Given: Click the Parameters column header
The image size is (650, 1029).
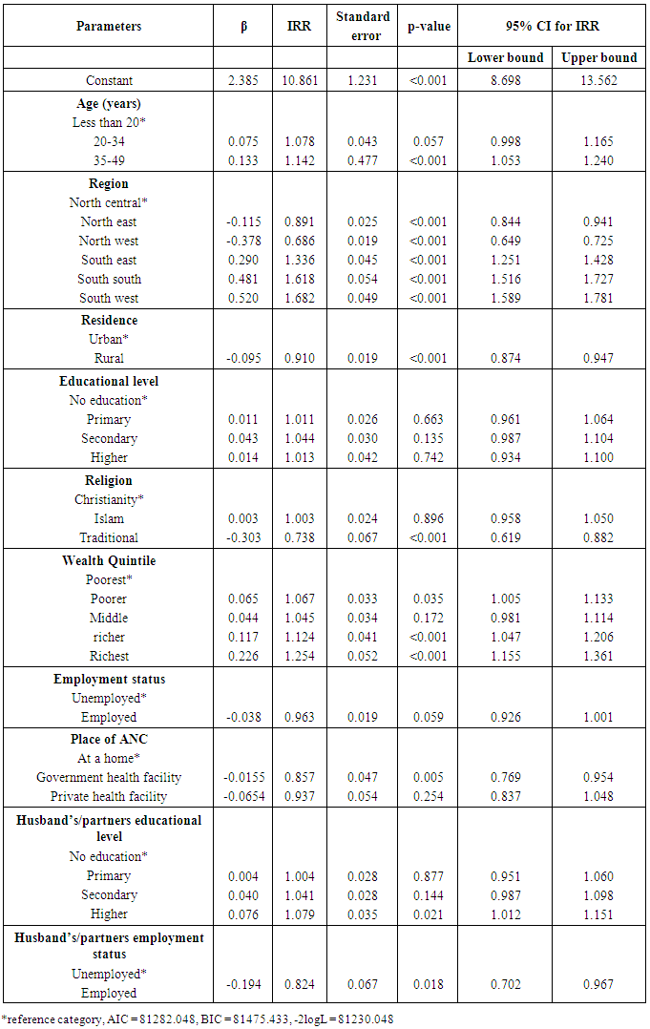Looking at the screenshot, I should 109,26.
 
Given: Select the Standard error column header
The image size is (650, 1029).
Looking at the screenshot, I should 364,26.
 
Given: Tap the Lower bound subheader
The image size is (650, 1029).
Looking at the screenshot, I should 505,57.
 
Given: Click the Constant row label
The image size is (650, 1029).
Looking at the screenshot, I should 109,81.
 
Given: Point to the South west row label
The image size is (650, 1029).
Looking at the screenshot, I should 109,298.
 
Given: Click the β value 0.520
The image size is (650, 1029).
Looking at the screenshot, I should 243,298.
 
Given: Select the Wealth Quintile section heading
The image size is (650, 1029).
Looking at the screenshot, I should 109,560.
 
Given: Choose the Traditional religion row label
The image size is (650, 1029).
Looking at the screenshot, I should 109,537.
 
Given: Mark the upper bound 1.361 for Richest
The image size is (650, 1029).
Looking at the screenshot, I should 599,656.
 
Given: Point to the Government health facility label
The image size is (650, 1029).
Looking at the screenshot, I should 109,777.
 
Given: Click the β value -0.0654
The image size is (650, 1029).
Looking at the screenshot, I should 243,796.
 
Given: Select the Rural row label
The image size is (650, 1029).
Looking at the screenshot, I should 109,358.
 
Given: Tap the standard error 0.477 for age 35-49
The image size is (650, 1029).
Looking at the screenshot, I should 364,160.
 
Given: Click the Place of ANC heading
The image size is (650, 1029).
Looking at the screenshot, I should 109,738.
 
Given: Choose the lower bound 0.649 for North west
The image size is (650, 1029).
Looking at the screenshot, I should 505,241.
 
